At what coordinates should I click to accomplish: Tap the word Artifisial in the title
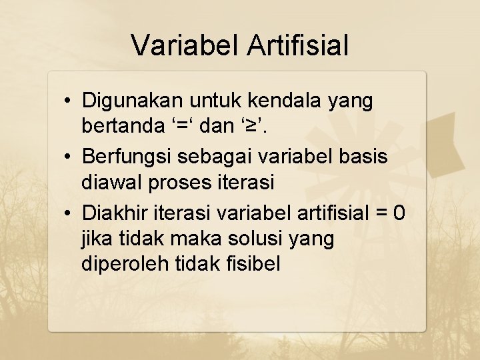297,45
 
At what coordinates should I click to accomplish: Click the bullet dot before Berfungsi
69,157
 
